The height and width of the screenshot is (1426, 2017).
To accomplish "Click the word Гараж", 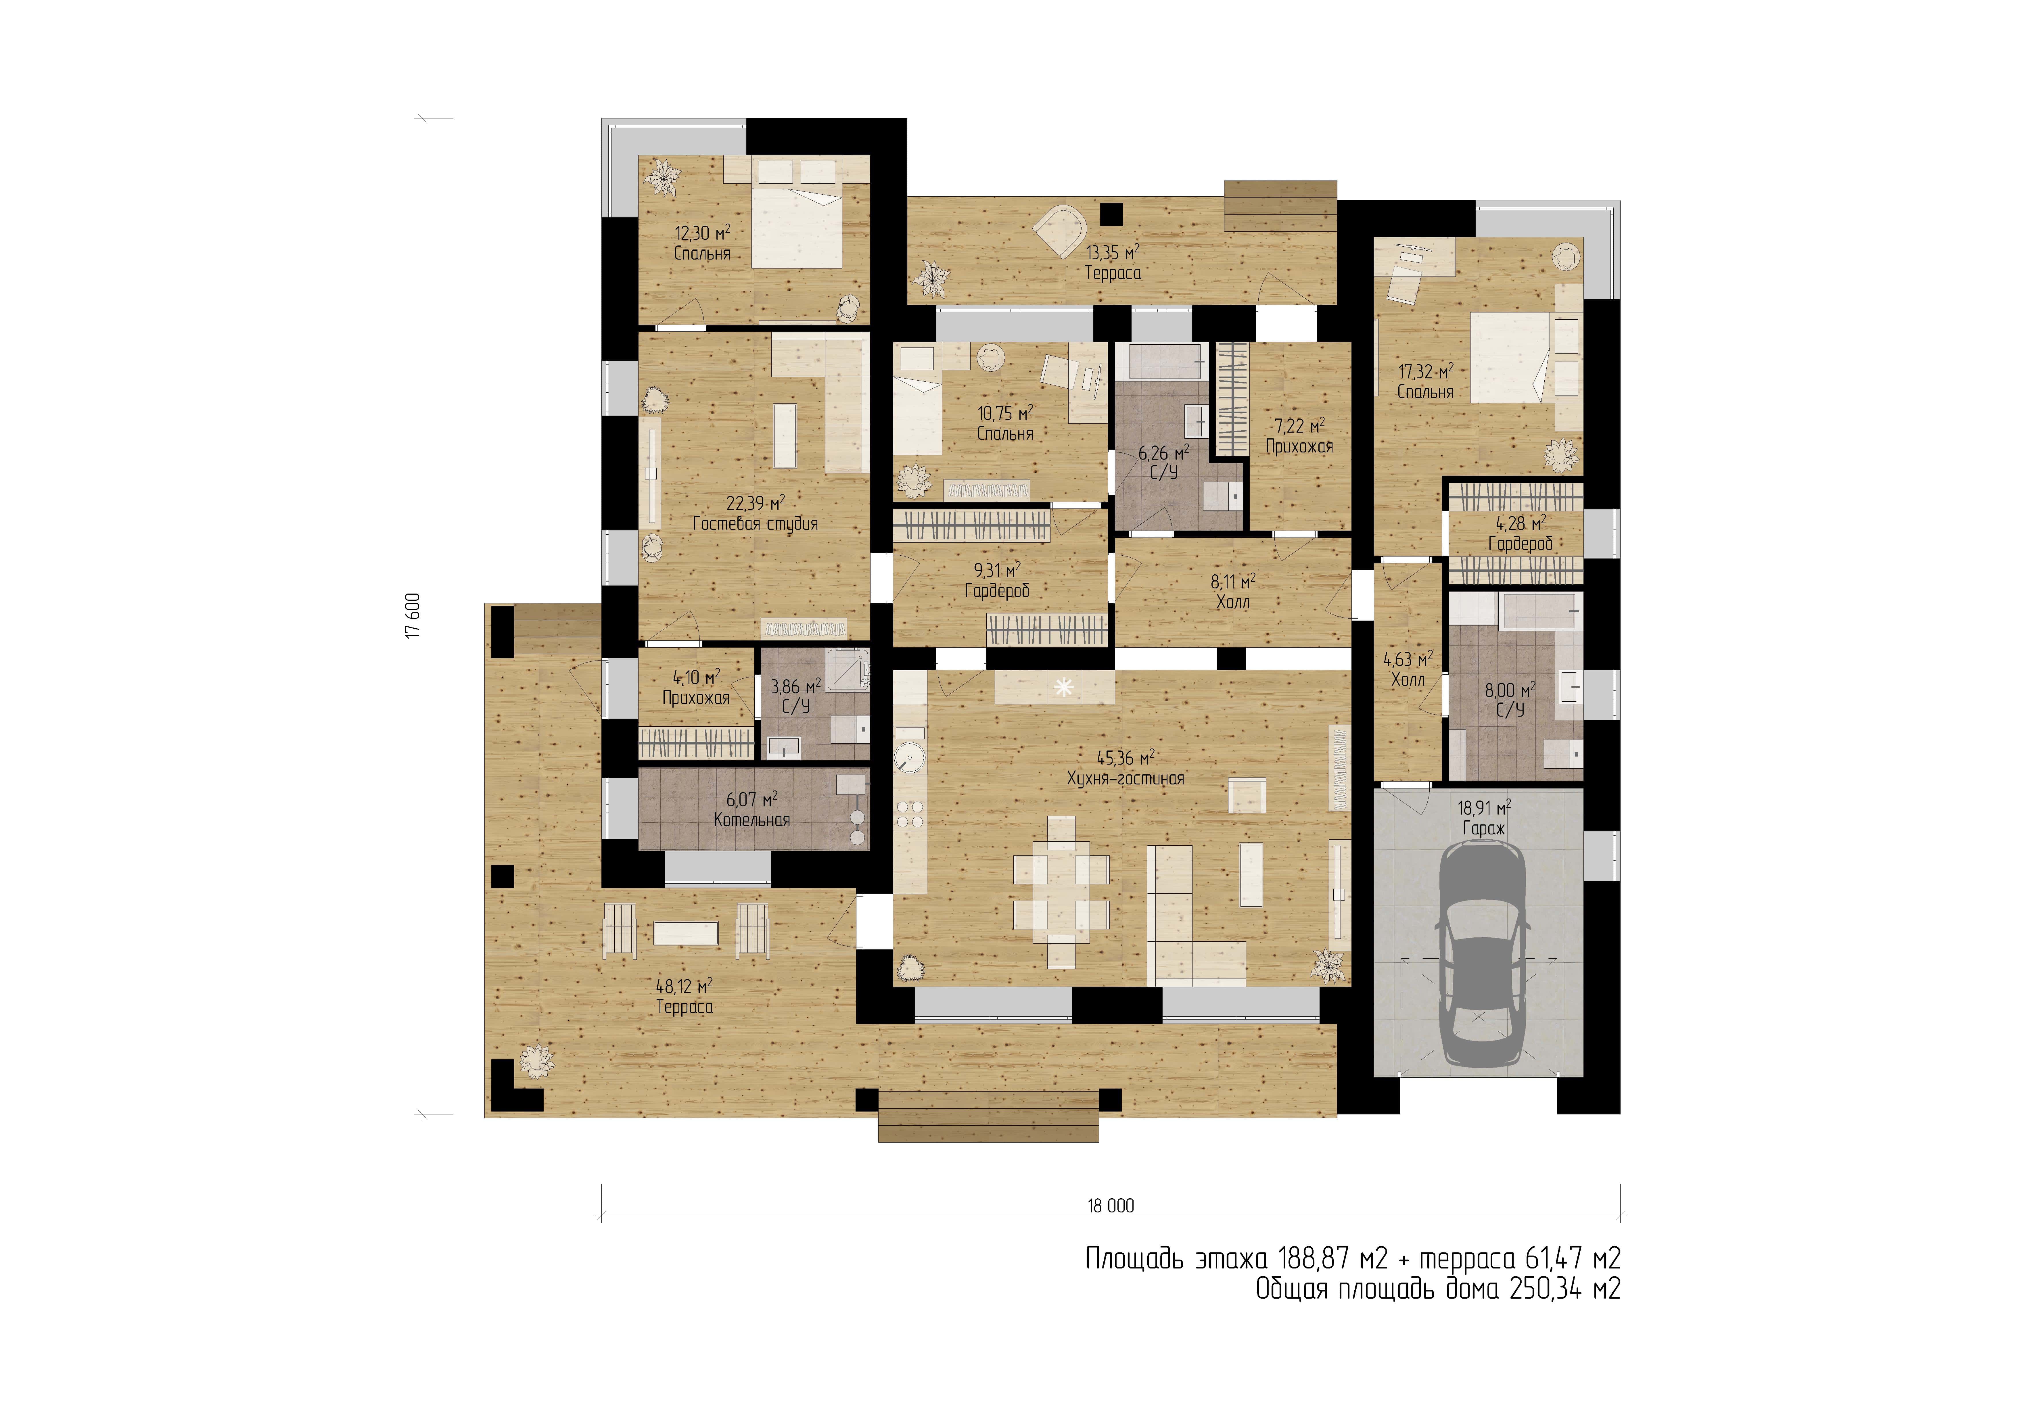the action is [1484, 828].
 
